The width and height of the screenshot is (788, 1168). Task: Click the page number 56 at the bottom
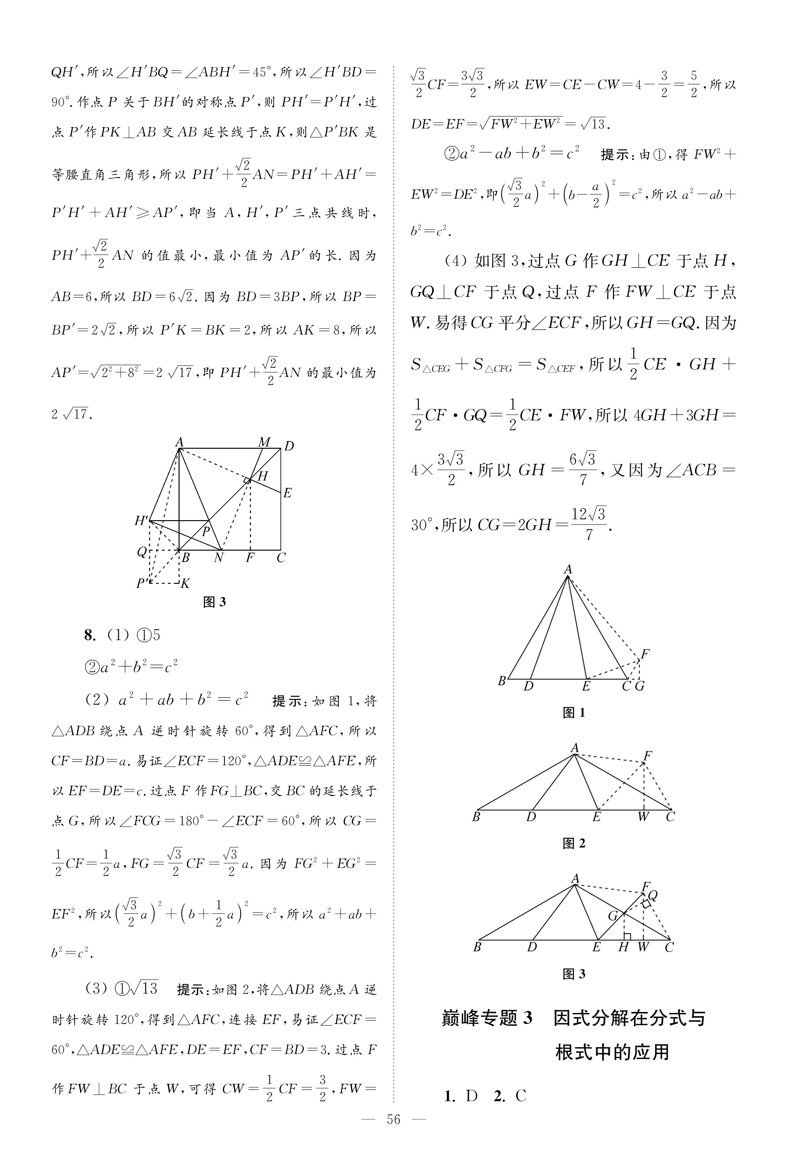tap(393, 1119)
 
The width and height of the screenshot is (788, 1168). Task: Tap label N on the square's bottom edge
tap(219, 558)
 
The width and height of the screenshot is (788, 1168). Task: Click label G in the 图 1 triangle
tap(640, 686)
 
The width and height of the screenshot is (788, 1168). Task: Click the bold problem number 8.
tap(89, 636)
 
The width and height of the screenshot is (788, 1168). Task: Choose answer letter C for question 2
tap(521, 1096)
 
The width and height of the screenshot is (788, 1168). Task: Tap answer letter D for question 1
tap(471, 1096)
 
